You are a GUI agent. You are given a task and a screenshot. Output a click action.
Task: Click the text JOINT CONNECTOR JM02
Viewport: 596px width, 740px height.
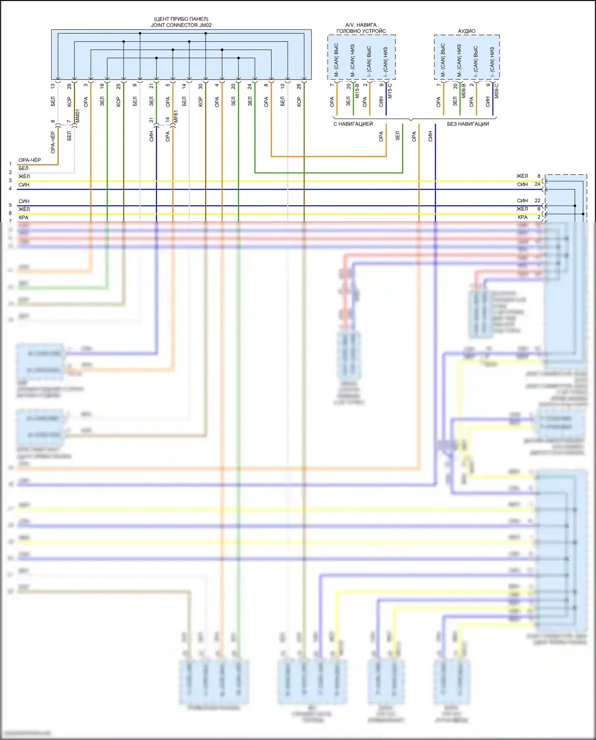pos(181,25)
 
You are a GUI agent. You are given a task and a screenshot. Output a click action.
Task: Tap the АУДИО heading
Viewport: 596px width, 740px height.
pos(466,31)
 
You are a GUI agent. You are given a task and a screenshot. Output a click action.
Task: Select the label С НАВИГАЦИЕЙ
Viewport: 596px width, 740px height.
pos(353,124)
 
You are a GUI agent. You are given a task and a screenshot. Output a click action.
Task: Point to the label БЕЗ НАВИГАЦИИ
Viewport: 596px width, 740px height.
pos(468,124)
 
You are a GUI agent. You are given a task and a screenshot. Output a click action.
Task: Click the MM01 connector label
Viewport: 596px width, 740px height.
pos(78,116)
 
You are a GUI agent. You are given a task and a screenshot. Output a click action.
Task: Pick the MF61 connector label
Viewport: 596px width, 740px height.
pos(176,117)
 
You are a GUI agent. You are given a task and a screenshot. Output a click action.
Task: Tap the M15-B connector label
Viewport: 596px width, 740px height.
pos(357,91)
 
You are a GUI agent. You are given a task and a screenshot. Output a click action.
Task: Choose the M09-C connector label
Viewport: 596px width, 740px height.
pos(497,91)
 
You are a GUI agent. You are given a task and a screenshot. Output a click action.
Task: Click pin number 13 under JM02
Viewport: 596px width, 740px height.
pos(53,86)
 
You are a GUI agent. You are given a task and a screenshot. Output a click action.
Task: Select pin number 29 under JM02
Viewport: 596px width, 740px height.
pos(69,86)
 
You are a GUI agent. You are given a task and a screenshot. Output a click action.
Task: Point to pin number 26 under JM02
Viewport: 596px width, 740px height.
pos(299,86)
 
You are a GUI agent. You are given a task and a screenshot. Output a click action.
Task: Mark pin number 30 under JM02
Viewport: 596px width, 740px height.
pos(201,86)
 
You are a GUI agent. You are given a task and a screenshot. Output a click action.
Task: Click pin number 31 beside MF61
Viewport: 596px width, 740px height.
pos(151,120)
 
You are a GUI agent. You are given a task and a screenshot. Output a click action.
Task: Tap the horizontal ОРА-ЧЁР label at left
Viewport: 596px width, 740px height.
pos(29,160)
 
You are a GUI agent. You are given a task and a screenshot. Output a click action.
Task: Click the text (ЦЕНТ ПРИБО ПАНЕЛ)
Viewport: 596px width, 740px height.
pos(181,19)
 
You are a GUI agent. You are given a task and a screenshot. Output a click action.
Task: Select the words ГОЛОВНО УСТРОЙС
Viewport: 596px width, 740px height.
pos(361,31)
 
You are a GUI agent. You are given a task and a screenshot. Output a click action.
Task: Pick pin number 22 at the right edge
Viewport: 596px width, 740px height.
pos(537,201)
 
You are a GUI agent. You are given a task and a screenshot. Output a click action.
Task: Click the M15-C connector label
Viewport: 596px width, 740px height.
pos(390,91)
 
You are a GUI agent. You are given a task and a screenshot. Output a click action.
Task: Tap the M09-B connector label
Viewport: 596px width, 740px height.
pos(464,91)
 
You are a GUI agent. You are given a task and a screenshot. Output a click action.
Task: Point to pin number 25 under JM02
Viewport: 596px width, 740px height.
pos(118,86)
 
